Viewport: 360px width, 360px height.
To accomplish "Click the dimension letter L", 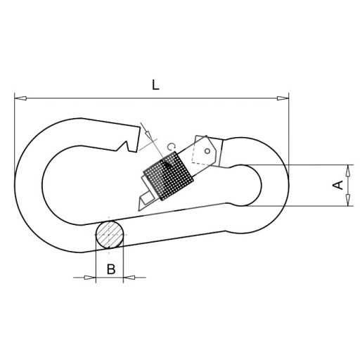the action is [155, 85].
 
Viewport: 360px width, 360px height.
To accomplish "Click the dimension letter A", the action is [338, 185].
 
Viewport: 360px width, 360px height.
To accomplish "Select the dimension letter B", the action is [111, 269].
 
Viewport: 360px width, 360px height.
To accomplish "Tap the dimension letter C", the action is [172, 147].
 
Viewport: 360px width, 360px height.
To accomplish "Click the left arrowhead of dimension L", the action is [20, 98].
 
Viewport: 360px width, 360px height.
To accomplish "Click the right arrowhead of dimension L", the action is [283, 98].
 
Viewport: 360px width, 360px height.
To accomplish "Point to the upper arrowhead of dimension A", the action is [349, 171].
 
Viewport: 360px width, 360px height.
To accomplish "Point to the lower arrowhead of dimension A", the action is [349, 200].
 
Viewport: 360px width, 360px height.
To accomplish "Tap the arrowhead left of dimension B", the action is [90, 278].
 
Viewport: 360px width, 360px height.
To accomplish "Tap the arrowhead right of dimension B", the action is [129, 278].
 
